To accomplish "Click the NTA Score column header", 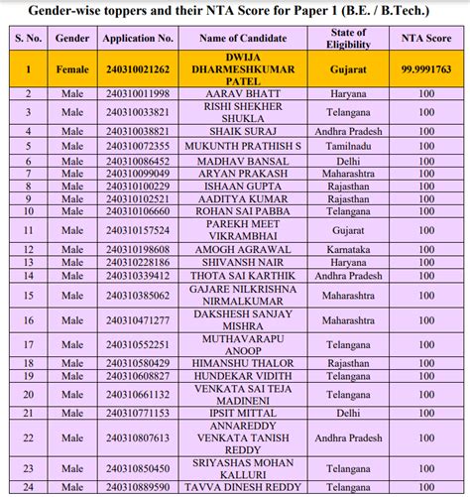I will pos(426,38).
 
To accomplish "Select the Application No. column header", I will pos(138,38).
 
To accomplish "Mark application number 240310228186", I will pos(138,262).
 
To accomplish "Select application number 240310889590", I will pos(138,488).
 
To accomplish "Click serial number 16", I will pos(29,320).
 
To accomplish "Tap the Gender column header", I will pos(74,38).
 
